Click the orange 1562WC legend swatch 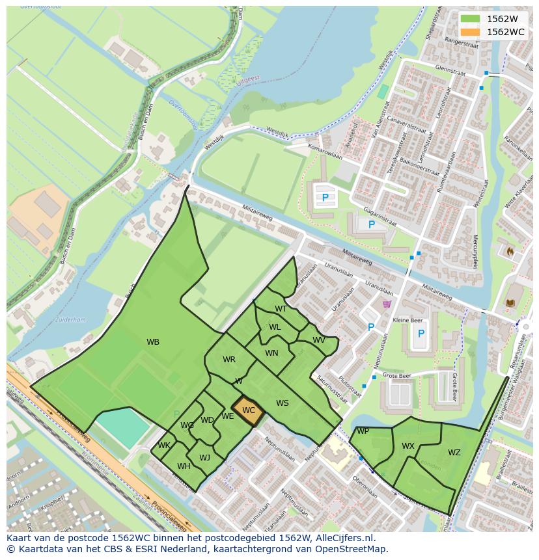(x=470, y=32)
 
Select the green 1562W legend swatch (x=470, y=19)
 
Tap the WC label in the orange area (x=249, y=410)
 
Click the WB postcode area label (x=153, y=342)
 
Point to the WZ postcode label (x=454, y=453)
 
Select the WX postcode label (x=408, y=446)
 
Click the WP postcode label (x=363, y=431)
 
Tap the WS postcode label (x=282, y=403)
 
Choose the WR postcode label (x=229, y=360)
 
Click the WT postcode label (x=281, y=309)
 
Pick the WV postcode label (x=318, y=340)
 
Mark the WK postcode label (x=163, y=446)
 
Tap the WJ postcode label (x=204, y=458)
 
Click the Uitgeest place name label (x=247, y=78)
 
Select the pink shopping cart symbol (x=387, y=304)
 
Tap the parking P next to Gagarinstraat (x=371, y=225)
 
